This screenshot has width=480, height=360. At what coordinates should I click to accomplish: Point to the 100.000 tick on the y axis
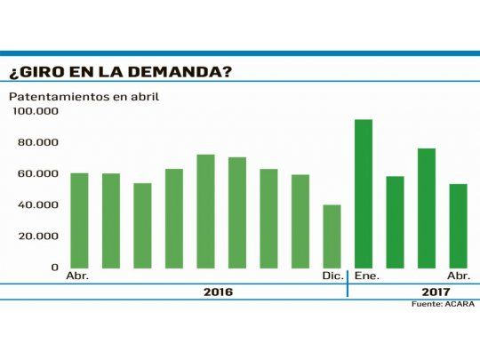coord(36,111)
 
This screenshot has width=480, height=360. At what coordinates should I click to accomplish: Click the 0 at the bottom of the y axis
coord(54,267)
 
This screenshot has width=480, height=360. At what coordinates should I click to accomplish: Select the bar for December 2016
coord(332,236)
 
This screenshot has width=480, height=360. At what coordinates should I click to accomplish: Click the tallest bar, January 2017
coord(364,194)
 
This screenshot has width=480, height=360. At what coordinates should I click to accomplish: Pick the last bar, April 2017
coord(458,226)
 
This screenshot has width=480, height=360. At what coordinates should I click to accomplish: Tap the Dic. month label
coord(333,276)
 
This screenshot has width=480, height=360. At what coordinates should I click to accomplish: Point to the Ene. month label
coord(366,276)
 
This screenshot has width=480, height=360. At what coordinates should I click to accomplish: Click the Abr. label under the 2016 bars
coord(77,276)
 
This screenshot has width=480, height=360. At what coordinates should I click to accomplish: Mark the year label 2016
coord(218,292)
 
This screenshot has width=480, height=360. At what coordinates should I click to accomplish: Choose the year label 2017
coord(435,292)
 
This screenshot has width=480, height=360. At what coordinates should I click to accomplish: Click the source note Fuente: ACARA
coord(443,304)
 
